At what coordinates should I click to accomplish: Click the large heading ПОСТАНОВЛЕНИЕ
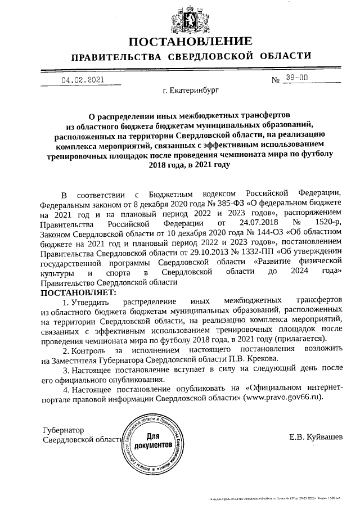click(190, 42)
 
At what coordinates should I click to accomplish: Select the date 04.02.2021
click(83, 80)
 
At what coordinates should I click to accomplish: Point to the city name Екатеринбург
click(191, 90)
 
